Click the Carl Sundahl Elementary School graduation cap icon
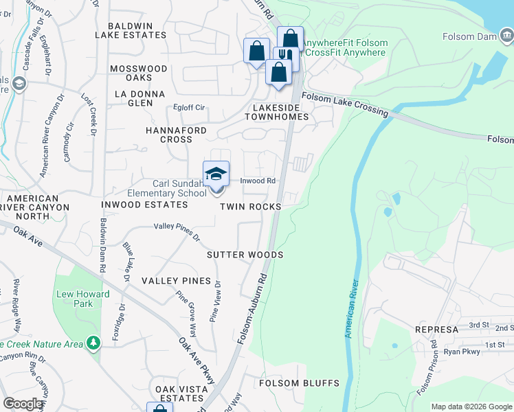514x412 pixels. coord(216,174)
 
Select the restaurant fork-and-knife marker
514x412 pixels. coord(284,56)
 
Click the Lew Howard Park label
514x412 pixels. coord(74,299)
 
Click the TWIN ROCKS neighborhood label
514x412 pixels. coord(251,207)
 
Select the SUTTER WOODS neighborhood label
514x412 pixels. coord(245,255)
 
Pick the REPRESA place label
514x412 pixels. coord(436,330)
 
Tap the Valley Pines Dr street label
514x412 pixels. coord(177,231)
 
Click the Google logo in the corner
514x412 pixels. coord(23,404)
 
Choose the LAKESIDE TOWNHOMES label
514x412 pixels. coord(277,113)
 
